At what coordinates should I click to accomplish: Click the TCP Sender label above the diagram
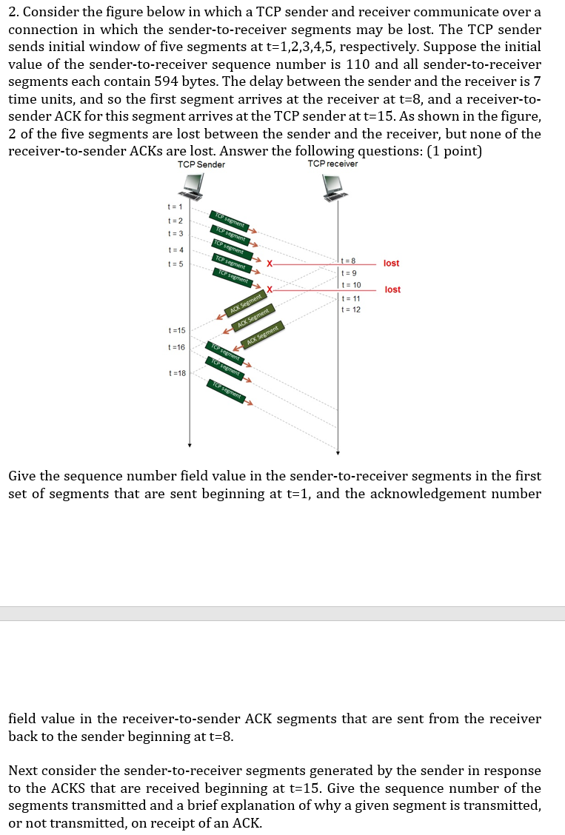point(201,164)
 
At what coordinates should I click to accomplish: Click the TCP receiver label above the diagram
point(332,164)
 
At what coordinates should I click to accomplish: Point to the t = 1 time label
point(175,207)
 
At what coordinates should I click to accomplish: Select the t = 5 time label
point(175,264)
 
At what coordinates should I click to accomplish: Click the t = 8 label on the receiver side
point(349,261)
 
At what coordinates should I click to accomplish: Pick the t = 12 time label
point(351,309)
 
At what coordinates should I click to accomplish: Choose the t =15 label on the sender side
point(177,330)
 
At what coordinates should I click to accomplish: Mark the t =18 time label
point(177,374)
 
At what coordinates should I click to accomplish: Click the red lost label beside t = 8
point(392,264)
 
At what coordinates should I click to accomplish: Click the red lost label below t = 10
point(392,289)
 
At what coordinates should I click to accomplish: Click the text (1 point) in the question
point(447,150)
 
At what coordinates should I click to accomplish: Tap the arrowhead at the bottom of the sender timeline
point(190,445)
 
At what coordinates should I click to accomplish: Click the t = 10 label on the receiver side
point(351,285)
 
